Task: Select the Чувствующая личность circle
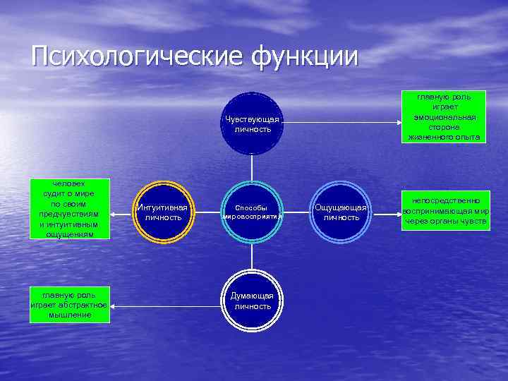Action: click(252, 123)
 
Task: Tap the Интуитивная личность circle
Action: click(163, 212)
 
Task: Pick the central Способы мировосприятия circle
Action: click(252, 212)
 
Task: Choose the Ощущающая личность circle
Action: click(341, 212)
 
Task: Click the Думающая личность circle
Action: click(252, 301)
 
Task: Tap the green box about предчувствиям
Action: click(69, 209)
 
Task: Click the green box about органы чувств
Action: click(445, 212)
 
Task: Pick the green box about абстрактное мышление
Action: click(69, 305)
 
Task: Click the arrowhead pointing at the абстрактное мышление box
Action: click(115, 306)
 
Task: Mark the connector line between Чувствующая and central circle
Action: click(252, 170)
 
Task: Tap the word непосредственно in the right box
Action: click(445, 201)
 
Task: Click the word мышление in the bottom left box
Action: click(69, 315)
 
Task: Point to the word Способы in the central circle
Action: click(251, 208)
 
